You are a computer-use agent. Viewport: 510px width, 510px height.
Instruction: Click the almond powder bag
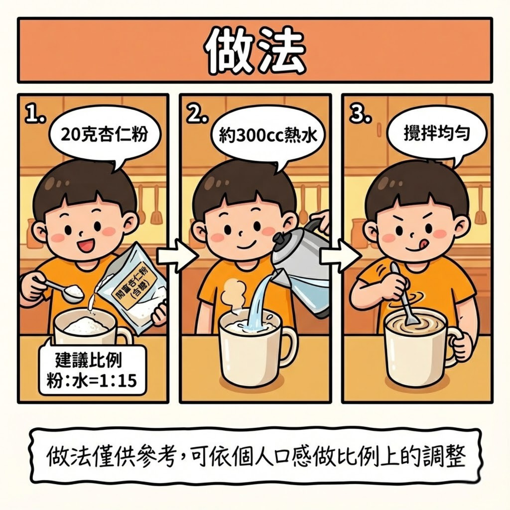point(134,286)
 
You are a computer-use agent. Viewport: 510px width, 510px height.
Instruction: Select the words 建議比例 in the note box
point(88,360)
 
